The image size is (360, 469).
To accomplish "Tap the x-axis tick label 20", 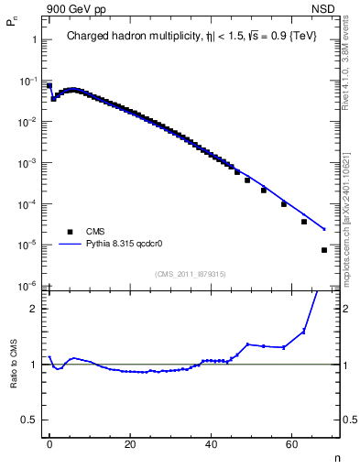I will click(x=130, y=443).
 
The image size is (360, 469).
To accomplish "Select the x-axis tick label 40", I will click(x=211, y=443).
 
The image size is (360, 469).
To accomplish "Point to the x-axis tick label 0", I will click(x=49, y=443).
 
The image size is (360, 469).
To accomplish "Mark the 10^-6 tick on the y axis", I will click(x=27, y=286).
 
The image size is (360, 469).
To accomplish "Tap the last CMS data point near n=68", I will click(x=324, y=250).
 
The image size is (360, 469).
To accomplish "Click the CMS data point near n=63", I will click(x=304, y=222).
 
